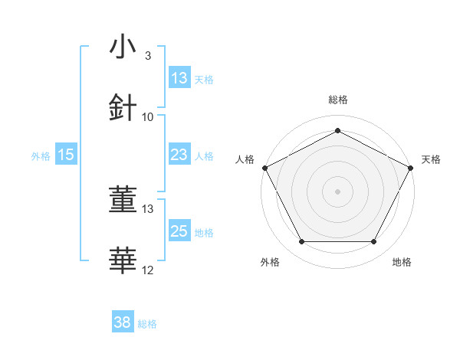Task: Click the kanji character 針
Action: (123, 108)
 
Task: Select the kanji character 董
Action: (123, 201)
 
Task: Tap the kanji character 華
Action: (123, 261)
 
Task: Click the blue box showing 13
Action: (179, 78)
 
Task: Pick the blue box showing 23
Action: (179, 155)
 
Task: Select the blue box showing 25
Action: (179, 231)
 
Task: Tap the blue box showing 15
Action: (66, 155)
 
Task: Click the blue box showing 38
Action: (123, 322)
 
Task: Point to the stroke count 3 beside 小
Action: (148, 56)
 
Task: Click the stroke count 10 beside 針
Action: (148, 117)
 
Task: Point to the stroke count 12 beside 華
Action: (148, 270)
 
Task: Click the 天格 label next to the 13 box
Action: (204, 79)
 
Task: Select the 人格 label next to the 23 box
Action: (204, 155)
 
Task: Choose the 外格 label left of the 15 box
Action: (41, 155)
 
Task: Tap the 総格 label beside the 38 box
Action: (147, 323)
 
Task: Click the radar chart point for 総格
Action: (337, 130)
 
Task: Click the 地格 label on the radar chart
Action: (402, 262)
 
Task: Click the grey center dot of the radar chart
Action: (337, 191)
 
